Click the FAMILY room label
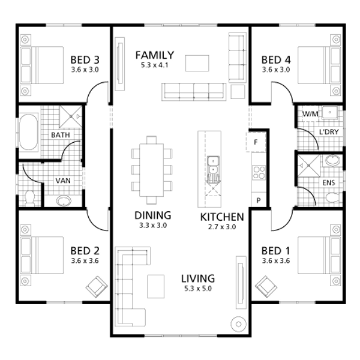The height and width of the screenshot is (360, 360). [155, 55]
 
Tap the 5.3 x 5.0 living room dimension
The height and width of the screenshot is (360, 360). [198, 289]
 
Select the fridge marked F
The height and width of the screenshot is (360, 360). [256, 142]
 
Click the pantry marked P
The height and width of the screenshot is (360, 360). [259, 200]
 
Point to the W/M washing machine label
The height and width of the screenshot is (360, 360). [310, 114]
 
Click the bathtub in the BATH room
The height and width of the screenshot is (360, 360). [29, 132]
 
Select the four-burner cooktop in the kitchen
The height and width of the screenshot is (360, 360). [259, 172]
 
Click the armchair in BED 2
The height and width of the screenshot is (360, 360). [97, 287]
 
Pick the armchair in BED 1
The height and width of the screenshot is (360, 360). [266, 287]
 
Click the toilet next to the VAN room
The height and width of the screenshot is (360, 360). [29, 198]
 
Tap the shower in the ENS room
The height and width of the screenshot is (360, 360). [308, 166]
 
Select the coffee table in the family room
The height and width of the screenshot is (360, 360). [197, 63]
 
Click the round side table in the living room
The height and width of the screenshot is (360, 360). [239, 325]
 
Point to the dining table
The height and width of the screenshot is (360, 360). [152, 170]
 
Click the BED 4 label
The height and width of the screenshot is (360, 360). [276, 60]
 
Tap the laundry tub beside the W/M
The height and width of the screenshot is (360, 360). [329, 113]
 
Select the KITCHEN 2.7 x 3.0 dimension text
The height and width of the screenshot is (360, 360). [222, 227]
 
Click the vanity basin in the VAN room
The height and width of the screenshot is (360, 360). [64, 201]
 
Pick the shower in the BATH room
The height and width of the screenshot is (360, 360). [71, 116]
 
